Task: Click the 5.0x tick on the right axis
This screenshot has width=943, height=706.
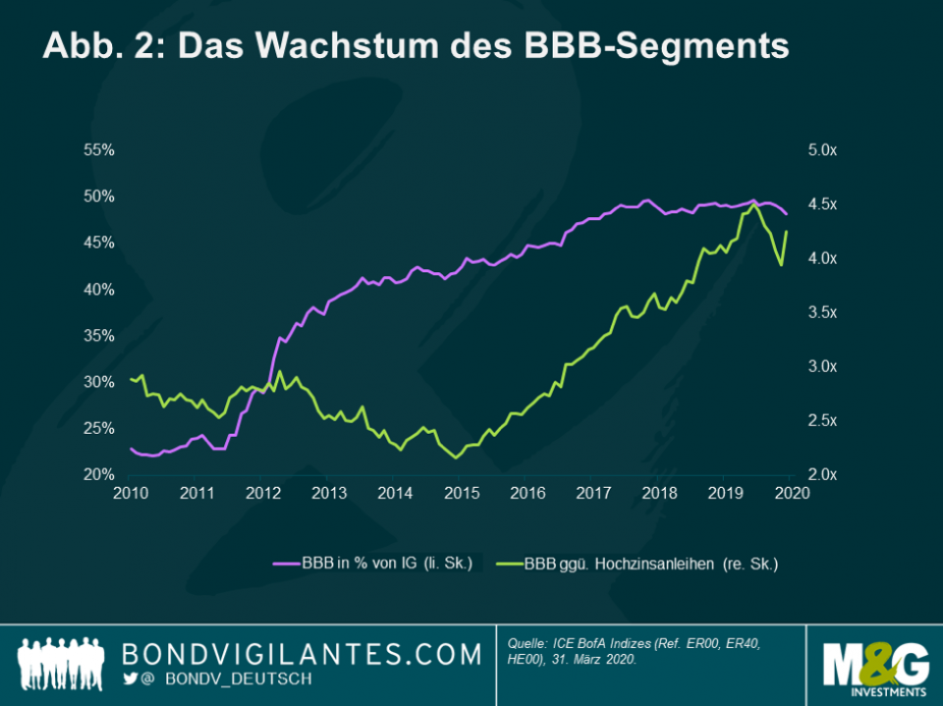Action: pyautogui.click(x=821, y=150)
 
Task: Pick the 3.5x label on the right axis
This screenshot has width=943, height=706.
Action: pyautogui.click(x=821, y=312)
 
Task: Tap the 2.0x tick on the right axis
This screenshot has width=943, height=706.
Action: pyautogui.click(x=821, y=475)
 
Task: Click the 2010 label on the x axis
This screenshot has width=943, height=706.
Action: pyautogui.click(x=131, y=494)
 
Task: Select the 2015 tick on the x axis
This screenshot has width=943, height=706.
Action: pyautogui.click(x=461, y=494)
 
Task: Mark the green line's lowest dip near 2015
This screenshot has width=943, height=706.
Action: pyautogui.click(x=456, y=458)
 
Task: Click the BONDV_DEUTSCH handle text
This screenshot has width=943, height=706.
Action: pyautogui.click(x=226, y=679)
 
